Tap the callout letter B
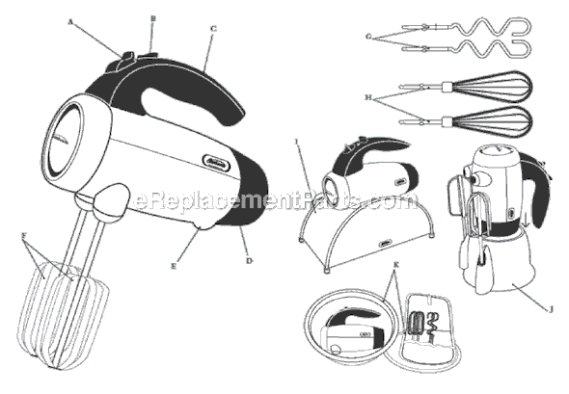152,18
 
